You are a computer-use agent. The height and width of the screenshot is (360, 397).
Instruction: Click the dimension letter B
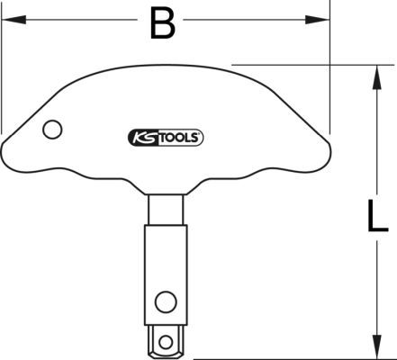163,23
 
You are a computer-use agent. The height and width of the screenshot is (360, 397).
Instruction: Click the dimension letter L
378,216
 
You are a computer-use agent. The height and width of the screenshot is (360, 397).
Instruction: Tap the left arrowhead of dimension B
14,20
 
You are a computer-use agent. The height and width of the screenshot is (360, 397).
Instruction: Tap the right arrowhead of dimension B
318,20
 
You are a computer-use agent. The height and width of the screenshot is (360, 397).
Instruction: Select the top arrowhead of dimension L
377,77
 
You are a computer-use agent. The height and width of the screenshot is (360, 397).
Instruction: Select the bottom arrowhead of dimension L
377,346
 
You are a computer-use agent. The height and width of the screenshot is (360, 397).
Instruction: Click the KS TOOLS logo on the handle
166,138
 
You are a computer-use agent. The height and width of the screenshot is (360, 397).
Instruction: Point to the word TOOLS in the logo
177,138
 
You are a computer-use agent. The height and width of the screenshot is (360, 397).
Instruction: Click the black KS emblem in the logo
143,138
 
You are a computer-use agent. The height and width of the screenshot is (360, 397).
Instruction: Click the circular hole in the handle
52,130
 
